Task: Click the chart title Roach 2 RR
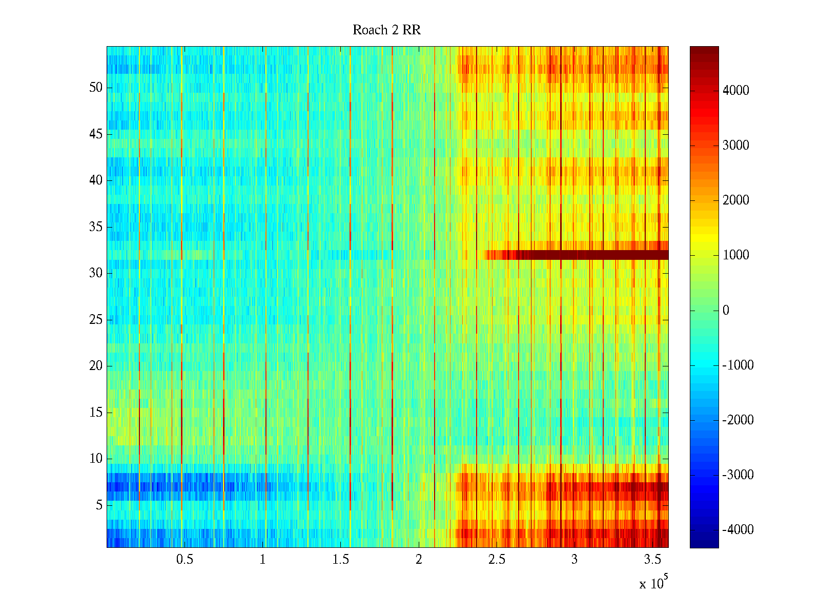(386, 30)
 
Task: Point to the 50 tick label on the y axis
(96, 88)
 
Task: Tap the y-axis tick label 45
(96, 134)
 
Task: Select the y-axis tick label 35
(96, 227)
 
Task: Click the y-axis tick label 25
(96, 320)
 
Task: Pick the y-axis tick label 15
(96, 413)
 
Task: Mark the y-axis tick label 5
(99, 505)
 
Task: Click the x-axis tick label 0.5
(184, 560)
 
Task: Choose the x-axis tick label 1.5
(341, 560)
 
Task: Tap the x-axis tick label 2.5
(497, 560)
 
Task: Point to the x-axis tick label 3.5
(652, 560)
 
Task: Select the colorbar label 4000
(736, 91)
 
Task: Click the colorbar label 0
(726, 311)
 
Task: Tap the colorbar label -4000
(738, 530)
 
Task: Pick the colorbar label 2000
(736, 200)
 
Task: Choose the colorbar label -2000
(738, 420)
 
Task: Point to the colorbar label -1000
(738, 365)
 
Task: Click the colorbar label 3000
(736, 146)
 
